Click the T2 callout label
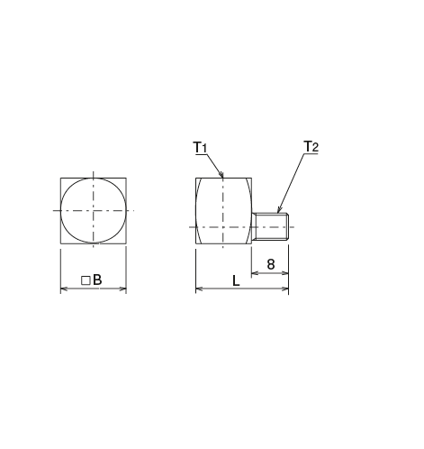pos(311,146)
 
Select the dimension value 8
pos(270,264)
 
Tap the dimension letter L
pos(236,281)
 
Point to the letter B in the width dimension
pos(97,280)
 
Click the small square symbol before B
pos(86,281)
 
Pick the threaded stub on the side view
pos(270,226)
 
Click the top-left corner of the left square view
pos(59,178)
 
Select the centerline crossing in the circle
pos(93,210)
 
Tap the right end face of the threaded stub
pos(287,226)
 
